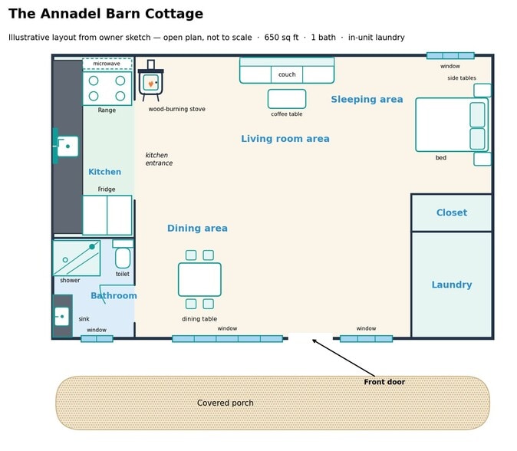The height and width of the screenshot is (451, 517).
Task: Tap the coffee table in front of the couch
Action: pos(287,99)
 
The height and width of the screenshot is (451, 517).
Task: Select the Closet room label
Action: pos(452,212)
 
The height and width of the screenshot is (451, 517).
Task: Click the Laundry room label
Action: pos(452,285)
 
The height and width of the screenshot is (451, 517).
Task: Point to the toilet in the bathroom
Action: pos(123,254)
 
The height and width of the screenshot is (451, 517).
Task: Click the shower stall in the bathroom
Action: pos(77,258)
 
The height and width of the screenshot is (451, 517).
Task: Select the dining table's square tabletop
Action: pos(199,279)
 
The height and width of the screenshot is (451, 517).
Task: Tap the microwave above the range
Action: pos(107,64)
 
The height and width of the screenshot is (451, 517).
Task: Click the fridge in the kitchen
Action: pos(107,215)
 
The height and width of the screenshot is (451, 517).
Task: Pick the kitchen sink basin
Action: pos(68,146)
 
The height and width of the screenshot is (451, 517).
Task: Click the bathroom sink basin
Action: pos(61,317)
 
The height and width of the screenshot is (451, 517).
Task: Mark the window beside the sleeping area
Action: pos(450,56)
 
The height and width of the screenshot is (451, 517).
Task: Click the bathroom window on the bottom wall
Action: pos(97,338)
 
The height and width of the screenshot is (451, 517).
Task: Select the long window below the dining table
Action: pos(228,338)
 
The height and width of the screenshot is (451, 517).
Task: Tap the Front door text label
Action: pos(384,382)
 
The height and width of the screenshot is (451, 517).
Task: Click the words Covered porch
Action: pos(226,403)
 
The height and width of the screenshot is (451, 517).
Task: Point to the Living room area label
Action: pos(285,139)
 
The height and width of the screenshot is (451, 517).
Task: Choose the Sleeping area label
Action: pos(367,100)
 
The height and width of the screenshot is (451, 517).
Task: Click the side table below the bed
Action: pos(482,159)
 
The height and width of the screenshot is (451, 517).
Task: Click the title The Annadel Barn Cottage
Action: pos(106,14)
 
